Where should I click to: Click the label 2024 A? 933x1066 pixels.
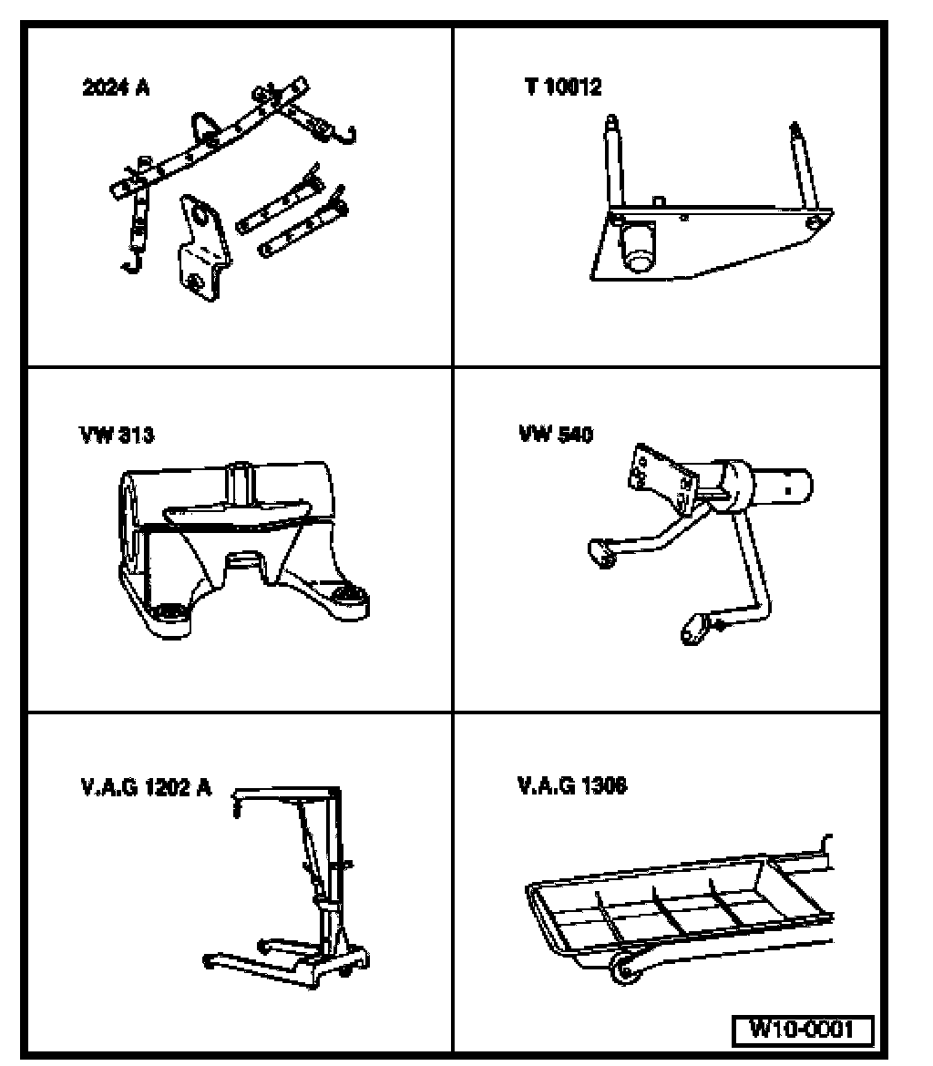[x=116, y=89]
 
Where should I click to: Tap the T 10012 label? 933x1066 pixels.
[x=562, y=88]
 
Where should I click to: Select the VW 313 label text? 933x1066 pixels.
[x=116, y=435]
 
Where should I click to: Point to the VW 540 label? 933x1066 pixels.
[x=556, y=435]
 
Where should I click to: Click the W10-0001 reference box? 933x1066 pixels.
[x=803, y=1030]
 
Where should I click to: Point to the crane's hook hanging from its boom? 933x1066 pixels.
[x=238, y=805]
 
